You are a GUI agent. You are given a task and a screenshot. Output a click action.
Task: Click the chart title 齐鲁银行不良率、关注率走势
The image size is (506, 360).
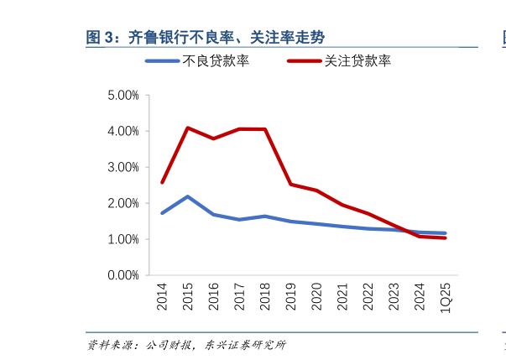pos(206,37)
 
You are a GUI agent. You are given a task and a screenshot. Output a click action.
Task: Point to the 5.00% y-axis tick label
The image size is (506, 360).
pos(123,96)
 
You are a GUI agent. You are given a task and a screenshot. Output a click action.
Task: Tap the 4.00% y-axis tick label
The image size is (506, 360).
pos(123,132)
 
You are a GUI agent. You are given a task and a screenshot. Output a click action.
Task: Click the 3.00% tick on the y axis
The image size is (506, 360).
pos(123,168)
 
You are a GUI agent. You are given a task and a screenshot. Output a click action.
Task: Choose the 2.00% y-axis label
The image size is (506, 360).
pos(123,203)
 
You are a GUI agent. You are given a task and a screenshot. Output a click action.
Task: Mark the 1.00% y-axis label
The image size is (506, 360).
pos(123,239)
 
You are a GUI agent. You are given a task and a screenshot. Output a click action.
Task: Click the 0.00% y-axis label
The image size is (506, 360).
pos(123,275)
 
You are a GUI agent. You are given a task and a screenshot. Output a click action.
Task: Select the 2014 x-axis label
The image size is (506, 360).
pos(162,296)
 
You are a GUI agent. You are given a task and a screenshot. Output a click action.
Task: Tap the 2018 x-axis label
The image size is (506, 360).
pos(265,296)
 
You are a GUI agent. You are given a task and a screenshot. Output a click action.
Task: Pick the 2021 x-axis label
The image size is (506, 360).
pos(342,296)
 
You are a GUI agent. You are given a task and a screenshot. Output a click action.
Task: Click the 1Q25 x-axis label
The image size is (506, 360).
pos(446,296)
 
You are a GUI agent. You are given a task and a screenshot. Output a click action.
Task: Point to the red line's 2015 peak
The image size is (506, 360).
pos(188,128)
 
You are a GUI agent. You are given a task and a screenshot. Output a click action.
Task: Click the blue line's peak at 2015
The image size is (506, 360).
pos(188,196)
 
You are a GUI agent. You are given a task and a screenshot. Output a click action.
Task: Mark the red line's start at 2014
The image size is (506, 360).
pos(162,182)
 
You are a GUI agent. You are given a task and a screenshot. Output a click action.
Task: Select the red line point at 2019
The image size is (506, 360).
pos(290,185)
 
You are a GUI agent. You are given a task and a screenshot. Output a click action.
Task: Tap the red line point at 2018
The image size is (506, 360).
pos(265,129)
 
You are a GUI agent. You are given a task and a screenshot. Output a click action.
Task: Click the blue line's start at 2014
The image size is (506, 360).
pos(162,213)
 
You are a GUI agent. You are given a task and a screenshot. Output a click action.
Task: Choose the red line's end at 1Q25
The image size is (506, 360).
pos(446,238)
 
